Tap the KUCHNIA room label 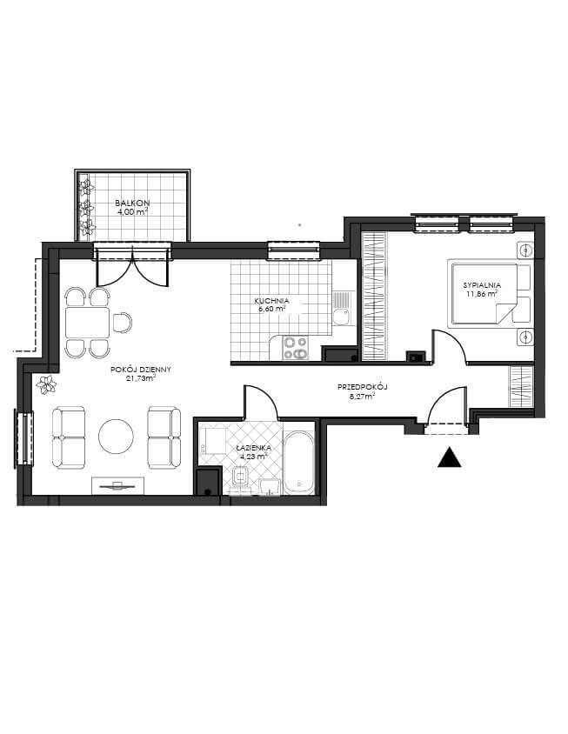tap(271, 301)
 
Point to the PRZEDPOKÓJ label tap(364, 387)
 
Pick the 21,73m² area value tap(141, 378)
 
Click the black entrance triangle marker tap(450, 457)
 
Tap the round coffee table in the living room tap(116, 437)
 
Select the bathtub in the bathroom tap(299, 463)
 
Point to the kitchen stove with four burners tap(296, 348)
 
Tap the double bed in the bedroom tap(484, 293)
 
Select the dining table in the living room tap(88, 322)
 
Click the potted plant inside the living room tap(46, 384)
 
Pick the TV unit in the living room tap(118, 485)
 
